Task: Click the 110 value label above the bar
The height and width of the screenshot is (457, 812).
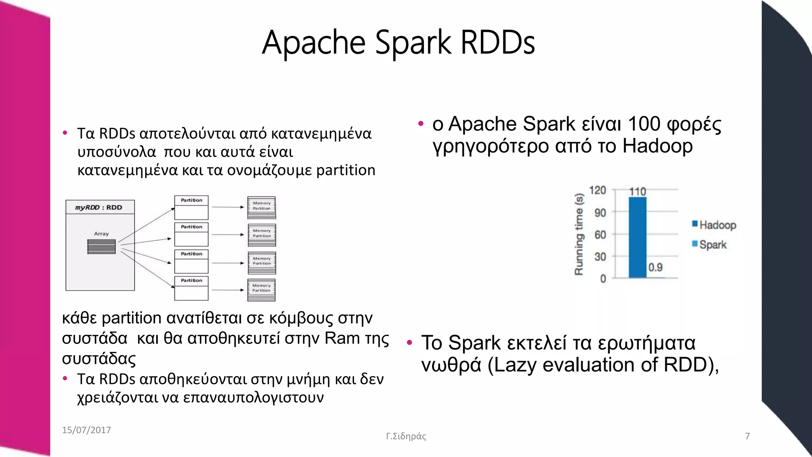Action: click(638, 192)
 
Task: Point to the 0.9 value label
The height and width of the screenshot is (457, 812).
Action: click(655, 267)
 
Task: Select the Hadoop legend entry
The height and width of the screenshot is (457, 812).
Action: click(714, 225)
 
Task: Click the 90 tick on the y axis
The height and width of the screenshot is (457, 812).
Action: click(600, 213)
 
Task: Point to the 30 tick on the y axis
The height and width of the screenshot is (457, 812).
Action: click(600, 257)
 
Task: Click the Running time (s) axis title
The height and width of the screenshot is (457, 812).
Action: click(579, 234)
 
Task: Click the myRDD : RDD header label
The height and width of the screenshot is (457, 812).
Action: click(99, 207)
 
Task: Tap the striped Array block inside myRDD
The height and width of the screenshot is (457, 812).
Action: click(101, 247)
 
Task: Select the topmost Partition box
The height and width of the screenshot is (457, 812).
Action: click(192, 207)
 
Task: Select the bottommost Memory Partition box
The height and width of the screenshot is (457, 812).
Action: click(261, 290)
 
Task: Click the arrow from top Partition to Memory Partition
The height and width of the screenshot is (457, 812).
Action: click(228, 207)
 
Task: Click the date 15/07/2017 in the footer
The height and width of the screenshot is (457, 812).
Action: click(86, 430)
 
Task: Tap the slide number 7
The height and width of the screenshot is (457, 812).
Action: click(747, 436)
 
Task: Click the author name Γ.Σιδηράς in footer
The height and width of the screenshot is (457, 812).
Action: click(406, 436)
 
